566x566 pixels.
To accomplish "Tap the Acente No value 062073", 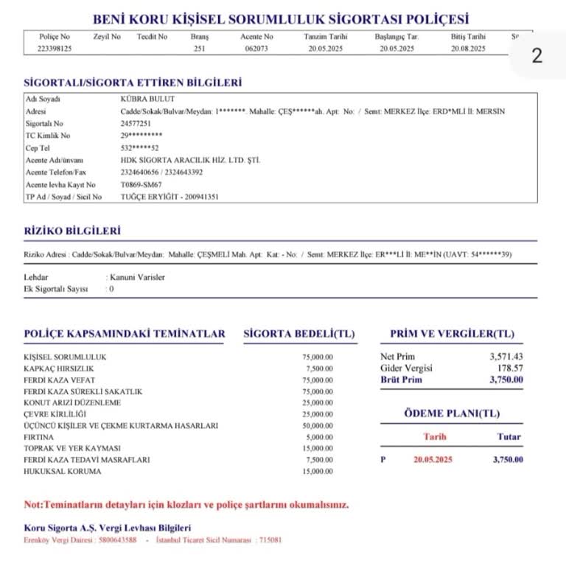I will tap(257, 48).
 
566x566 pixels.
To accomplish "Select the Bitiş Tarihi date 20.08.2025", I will tap(468, 48).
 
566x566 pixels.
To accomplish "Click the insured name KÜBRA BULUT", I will tap(141, 98).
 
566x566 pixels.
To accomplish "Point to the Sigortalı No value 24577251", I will tap(136, 124).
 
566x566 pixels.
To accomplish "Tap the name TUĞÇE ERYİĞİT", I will tap(147, 197).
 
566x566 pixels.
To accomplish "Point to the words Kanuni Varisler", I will tap(137, 277).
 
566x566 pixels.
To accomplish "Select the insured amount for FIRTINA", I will tap(318, 436).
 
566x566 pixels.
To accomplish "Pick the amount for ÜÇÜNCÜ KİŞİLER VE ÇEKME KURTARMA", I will tap(317, 425).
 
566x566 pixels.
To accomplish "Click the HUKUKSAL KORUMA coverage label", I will tap(62, 471).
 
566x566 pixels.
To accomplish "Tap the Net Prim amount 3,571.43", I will tap(506, 357).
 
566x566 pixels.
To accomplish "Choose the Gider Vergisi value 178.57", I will tap(509, 368).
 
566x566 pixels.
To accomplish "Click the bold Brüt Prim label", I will tap(403, 380).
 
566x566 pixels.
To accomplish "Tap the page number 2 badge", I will tap(537, 56).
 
